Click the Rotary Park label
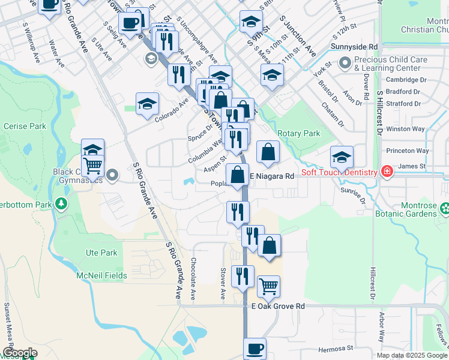click(299, 133)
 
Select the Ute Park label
click(101, 253)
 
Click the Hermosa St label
click(336, 348)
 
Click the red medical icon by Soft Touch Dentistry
click(387, 172)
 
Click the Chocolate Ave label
click(193, 278)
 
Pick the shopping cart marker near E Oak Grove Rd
click(268, 286)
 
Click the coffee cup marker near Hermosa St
click(255, 348)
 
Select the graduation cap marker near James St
click(341, 157)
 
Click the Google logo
click(19, 353)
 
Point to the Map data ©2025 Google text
click(412, 355)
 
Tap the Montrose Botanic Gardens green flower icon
click(444, 209)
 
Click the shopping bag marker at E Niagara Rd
click(237, 175)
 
